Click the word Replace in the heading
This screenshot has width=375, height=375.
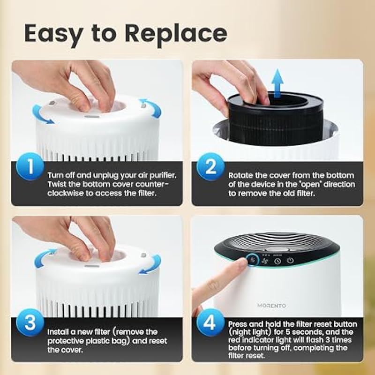click(176, 34)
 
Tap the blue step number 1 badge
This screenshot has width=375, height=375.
click(30, 166)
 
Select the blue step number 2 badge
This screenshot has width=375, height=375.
click(210, 166)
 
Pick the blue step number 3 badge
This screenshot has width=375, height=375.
click(30, 322)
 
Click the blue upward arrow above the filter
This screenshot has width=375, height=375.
click(277, 83)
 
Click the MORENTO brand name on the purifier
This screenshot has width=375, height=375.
click(272, 306)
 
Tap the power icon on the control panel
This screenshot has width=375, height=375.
click(290, 261)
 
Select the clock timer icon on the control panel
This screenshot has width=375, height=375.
click(277, 261)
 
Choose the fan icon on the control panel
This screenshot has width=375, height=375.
click(265, 261)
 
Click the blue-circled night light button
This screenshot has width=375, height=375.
click(253, 260)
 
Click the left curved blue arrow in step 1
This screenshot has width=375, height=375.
click(41, 115)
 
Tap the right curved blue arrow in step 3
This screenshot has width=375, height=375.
click(151, 265)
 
